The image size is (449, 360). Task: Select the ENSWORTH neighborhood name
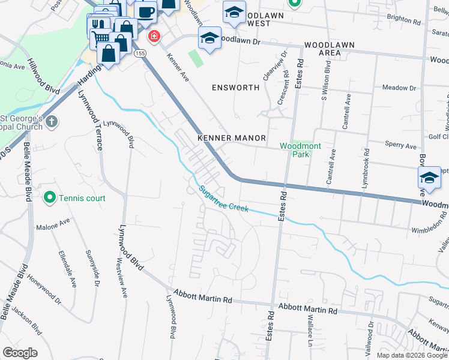pos(236,88)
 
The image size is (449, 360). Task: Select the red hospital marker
pos(154,37)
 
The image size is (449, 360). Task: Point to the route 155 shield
pos(140,54)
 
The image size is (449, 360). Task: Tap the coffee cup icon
pos(145,11)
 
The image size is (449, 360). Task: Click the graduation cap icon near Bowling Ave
pos(429,177)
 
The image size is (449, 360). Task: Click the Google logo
pos(20,353)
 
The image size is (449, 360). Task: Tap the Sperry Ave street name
pos(402,146)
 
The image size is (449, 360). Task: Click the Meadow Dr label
pos(399,88)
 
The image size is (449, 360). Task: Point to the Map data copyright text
pos(411,355)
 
